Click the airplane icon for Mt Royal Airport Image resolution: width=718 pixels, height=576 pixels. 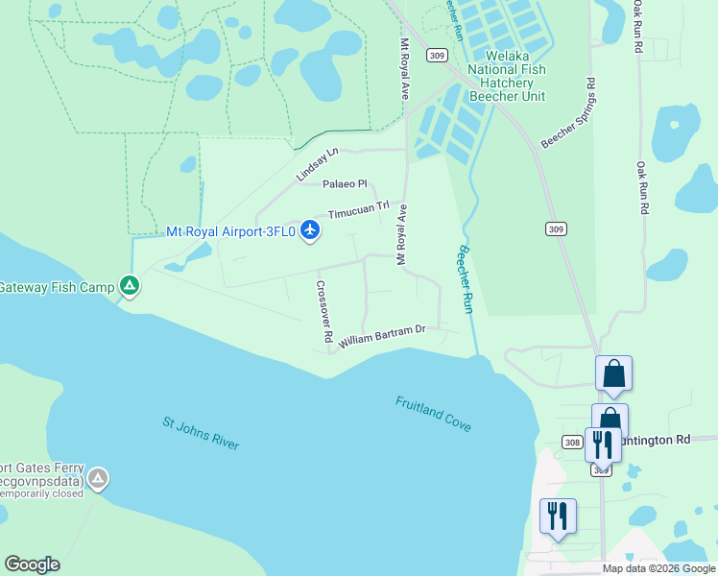click(x=309, y=231)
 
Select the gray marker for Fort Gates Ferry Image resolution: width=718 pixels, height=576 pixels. click(x=98, y=477)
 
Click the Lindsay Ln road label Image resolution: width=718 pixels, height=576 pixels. click(x=318, y=165)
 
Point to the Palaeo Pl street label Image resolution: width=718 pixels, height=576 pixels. click(x=345, y=183)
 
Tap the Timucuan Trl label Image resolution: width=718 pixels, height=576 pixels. click(x=358, y=210)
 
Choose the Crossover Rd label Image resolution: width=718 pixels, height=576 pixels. click(x=324, y=312)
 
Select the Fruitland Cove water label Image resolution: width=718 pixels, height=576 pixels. click(x=433, y=414)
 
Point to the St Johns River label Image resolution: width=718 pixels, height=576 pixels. click(x=200, y=432)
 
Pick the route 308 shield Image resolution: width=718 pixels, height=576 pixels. click(x=573, y=442)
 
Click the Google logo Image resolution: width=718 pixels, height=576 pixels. click(x=32, y=564)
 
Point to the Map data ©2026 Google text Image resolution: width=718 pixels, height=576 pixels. click(x=658, y=568)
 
